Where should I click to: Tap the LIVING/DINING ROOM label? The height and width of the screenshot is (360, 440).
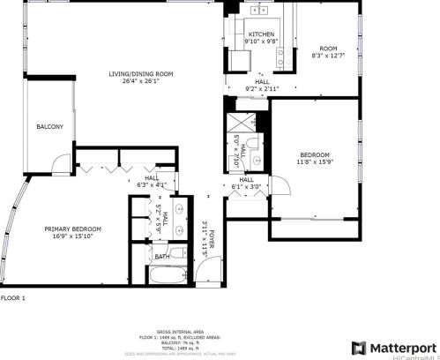tap(140, 73)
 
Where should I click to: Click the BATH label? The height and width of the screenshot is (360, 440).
tap(162, 257)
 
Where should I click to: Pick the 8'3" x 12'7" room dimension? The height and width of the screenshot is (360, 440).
tap(328, 56)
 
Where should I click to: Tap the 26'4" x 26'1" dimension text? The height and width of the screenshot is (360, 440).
tap(140, 82)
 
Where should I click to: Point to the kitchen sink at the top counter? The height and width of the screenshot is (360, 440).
tap(260, 11)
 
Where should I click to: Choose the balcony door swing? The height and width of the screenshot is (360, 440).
tap(58, 163)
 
